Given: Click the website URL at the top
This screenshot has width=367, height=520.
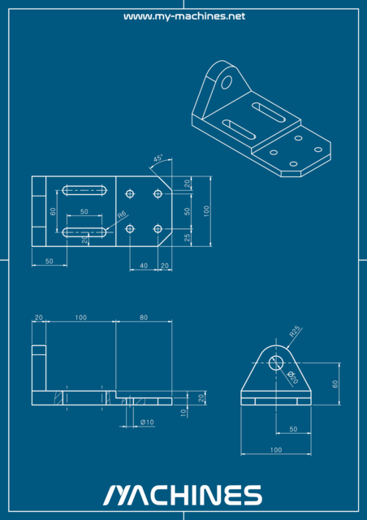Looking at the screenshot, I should pyautogui.click(x=183, y=16).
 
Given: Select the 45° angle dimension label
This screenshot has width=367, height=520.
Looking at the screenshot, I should pyautogui.click(x=158, y=158).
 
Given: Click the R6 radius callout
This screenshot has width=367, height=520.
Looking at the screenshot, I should pyautogui.click(x=122, y=215).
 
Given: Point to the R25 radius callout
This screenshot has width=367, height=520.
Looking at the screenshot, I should pyautogui.click(x=296, y=331).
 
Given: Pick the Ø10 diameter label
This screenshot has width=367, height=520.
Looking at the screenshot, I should pyautogui.click(x=147, y=422).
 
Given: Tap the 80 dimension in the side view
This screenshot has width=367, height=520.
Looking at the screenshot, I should pyautogui.click(x=144, y=317).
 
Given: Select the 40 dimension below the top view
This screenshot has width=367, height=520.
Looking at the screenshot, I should pyautogui.click(x=144, y=266).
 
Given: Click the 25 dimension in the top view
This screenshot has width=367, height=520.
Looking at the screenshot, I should pyautogui.click(x=188, y=237).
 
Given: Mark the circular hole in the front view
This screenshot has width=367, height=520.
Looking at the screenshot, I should pyautogui.click(x=276, y=362).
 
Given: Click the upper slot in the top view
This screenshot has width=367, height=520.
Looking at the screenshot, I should pyautogui.click(x=85, y=192).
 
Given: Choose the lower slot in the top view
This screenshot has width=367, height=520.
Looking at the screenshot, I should pyautogui.click(x=85, y=232).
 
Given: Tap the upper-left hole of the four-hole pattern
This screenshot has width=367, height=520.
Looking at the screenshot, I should pyautogui.click(x=130, y=194).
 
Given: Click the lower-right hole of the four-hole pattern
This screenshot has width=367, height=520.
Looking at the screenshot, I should pyautogui.click(x=158, y=228).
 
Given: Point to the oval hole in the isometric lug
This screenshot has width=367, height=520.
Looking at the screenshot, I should pyautogui.click(x=227, y=81).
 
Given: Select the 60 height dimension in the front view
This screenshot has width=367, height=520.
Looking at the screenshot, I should pyautogui.click(x=335, y=383).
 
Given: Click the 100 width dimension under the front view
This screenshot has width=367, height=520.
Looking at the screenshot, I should pyautogui.click(x=276, y=449).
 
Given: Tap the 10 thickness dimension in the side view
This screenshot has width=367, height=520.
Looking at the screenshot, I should pyautogui.click(x=184, y=413).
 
